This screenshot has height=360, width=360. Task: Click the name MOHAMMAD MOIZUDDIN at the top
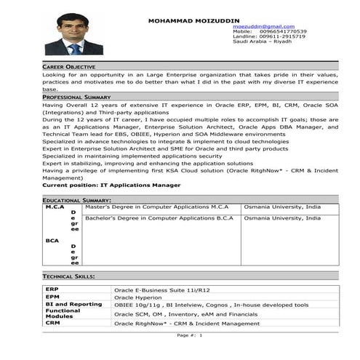click(x=193, y=20)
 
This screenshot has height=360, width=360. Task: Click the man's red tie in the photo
click(x=74, y=49)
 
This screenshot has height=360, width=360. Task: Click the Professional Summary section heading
click(x=76, y=96)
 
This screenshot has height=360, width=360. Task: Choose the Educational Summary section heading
click(x=76, y=199)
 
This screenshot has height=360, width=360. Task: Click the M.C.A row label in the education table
click(x=55, y=207)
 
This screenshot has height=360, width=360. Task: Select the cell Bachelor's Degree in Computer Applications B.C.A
click(x=159, y=217)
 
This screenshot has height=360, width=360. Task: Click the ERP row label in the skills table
click(x=52, y=289)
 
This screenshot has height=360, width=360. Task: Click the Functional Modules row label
click(x=63, y=313)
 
